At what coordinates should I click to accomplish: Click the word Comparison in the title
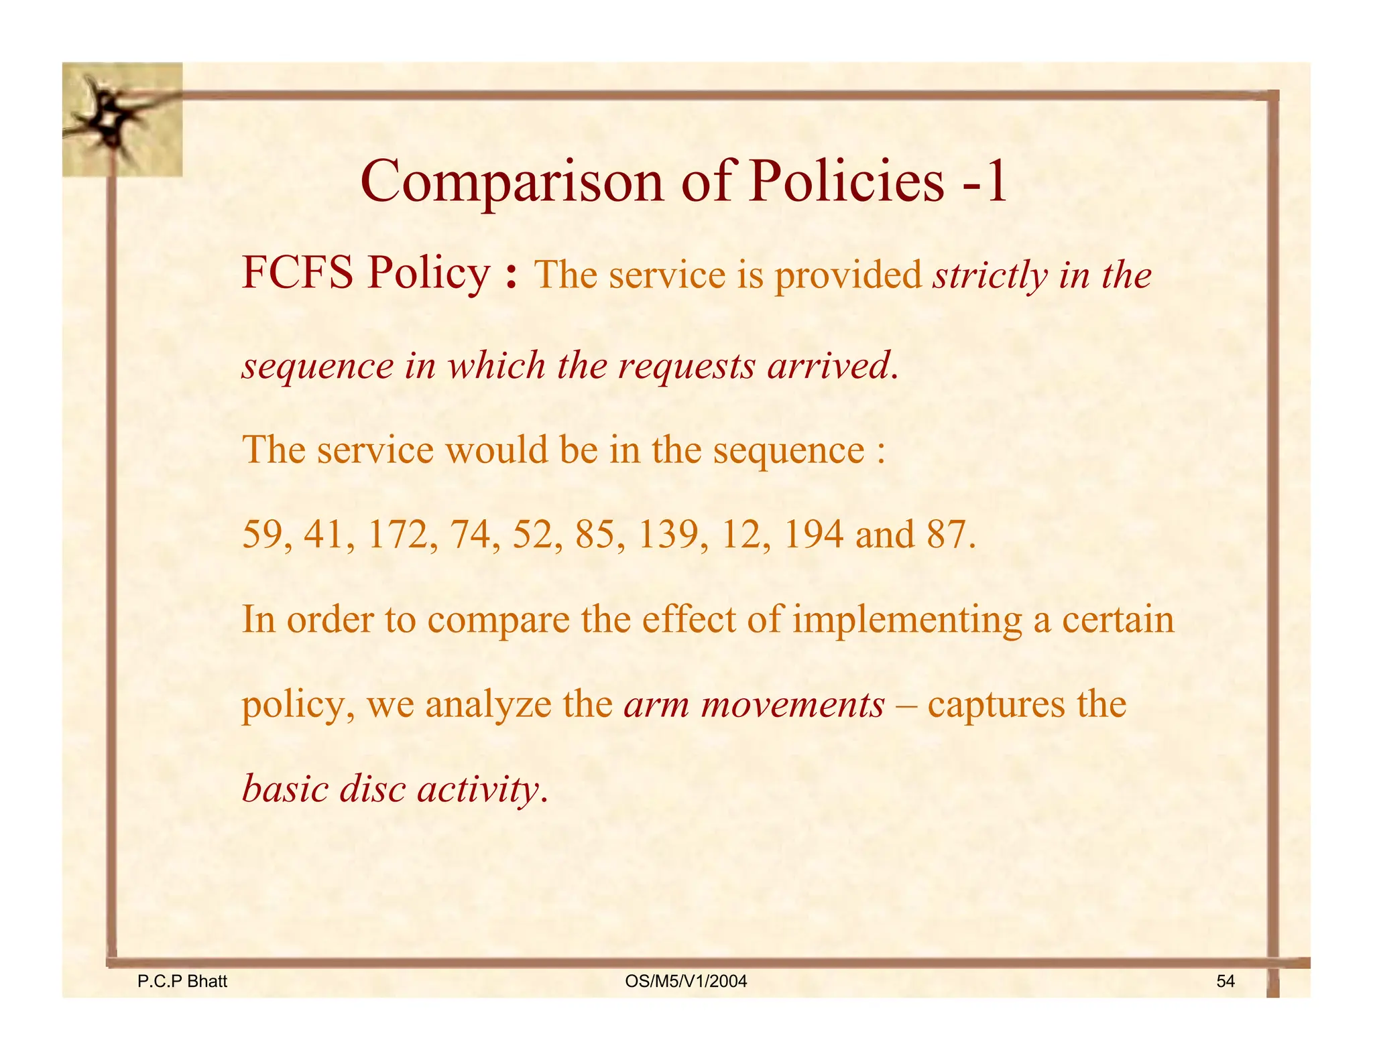[512, 182]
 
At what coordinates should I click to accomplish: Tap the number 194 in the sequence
[813, 535]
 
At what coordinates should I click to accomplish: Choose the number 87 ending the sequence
[948, 535]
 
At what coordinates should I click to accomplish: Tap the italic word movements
[792, 705]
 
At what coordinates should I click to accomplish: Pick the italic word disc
[372, 789]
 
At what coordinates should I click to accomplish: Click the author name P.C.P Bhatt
[182, 982]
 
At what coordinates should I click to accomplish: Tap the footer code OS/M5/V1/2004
[686, 982]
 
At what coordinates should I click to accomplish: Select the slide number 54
[1226, 982]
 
